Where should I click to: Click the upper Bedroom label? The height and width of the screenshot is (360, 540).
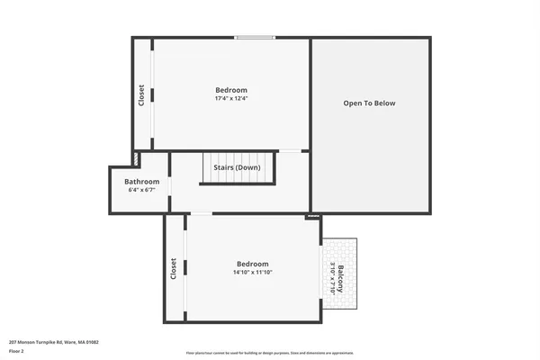(230, 90)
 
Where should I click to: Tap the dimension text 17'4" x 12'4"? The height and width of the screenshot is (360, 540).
(230, 99)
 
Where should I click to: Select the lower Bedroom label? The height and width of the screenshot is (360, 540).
(253, 264)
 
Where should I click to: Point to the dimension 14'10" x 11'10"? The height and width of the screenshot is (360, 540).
(253, 273)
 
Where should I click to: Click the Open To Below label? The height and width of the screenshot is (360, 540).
(369, 103)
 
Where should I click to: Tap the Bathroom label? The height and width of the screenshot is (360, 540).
(141, 182)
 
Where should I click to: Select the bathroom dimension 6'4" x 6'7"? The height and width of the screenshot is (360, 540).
(141, 191)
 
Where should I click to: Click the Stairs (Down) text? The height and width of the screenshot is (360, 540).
(237, 168)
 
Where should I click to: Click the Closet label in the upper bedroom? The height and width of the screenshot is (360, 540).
(141, 95)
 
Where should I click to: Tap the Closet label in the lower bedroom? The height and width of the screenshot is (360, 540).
(173, 268)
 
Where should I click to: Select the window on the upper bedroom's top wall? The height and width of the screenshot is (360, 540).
(255, 37)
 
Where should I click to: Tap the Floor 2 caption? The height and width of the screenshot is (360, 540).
(17, 351)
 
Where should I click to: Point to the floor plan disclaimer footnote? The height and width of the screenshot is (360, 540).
(269, 353)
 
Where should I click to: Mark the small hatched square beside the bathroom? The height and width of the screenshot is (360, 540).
(136, 158)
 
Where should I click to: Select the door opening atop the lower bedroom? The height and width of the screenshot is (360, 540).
(201, 213)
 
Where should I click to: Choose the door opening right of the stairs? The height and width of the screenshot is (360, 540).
(290, 151)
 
